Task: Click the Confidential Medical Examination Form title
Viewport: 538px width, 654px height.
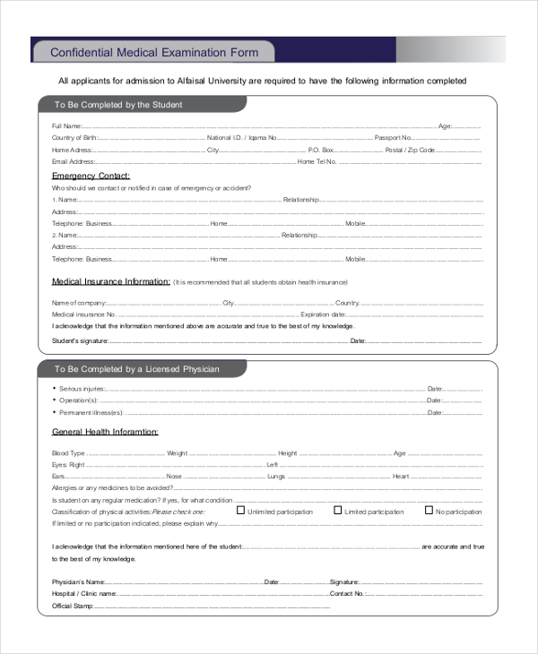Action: [153, 53]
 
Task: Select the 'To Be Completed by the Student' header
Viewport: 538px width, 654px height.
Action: [117, 105]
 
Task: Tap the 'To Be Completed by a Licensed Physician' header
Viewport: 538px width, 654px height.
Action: [136, 369]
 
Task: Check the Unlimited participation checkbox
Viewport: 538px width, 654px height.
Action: [240, 511]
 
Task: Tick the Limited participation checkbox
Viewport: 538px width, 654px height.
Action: [338, 511]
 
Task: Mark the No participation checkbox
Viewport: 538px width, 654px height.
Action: [430, 511]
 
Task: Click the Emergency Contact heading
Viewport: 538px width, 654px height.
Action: [91, 176]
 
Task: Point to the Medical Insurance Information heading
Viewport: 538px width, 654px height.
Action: [110, 281]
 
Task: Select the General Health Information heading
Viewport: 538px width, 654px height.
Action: [105, 432]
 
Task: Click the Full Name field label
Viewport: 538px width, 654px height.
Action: [67, 125]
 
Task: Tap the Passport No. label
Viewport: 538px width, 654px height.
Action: [393, 138]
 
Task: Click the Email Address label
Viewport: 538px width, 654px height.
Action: [74, 162]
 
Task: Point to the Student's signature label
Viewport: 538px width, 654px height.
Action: [80, 340]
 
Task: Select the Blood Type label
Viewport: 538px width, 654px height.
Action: [68, 453]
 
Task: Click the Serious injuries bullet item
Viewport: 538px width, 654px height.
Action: [82, 389]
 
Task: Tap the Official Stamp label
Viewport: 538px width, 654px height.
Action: [74, 606]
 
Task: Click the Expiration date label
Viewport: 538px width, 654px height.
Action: [323, 315]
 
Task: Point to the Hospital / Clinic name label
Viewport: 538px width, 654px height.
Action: [84, 593]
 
